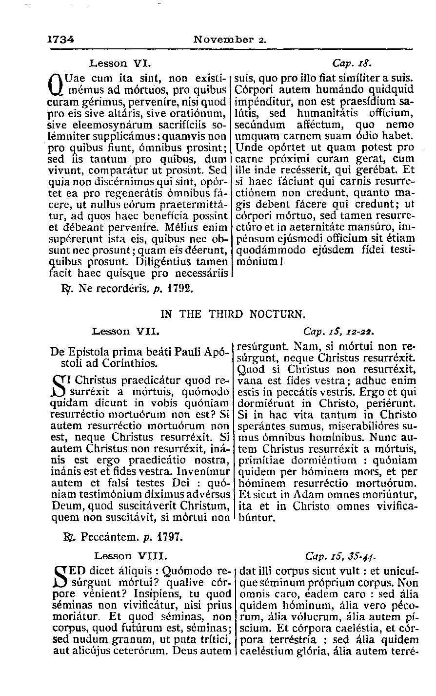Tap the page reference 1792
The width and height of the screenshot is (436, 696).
click(180, 289)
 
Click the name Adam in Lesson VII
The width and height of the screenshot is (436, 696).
click(306, 495)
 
